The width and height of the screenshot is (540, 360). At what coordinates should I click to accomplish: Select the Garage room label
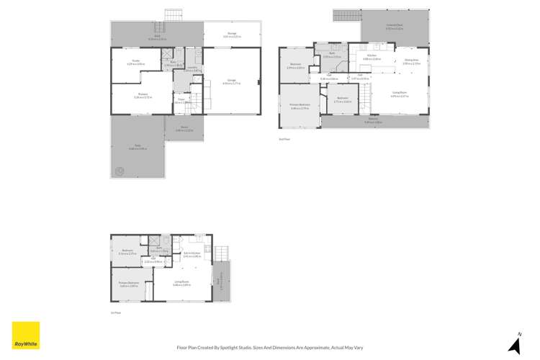coord(231,81)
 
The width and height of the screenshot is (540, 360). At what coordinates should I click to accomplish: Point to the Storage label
coord(231,35)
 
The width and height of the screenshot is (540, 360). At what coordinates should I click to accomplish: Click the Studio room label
coord(136,63)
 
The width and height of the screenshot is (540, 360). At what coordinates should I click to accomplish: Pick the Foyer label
coord(182,101)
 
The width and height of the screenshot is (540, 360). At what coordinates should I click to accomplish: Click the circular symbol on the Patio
coord(119,171)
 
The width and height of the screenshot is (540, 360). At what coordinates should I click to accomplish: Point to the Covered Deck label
coord(394,27)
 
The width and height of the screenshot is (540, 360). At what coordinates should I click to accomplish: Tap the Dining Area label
coord(411,62)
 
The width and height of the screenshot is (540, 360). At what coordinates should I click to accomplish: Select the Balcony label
coord(374,122)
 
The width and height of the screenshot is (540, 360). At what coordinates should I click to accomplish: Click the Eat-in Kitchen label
coord(192,254)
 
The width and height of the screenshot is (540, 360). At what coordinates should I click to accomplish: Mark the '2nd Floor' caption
coord(283,138)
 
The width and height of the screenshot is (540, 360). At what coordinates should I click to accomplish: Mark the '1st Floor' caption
coord(115,312)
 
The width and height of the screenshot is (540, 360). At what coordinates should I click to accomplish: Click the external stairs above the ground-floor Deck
coord(174,15)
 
